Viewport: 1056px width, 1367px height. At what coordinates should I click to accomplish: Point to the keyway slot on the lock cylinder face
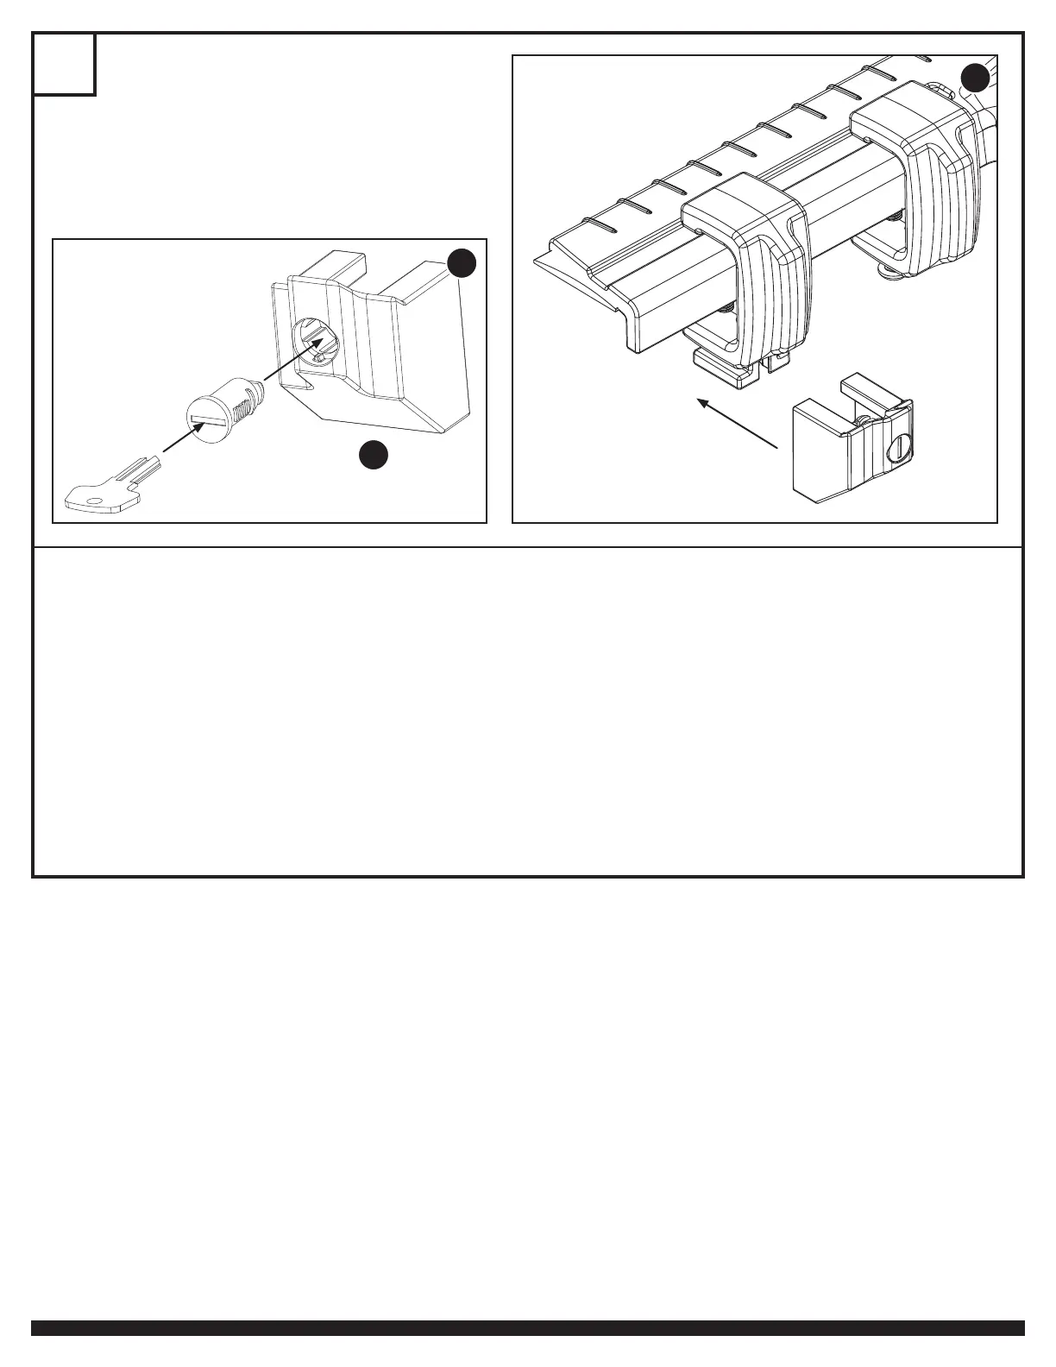pos(210,420)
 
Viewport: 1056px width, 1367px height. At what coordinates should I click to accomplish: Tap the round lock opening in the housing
pos(316,342)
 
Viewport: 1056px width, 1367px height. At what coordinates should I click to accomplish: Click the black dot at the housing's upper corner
pos(462,263)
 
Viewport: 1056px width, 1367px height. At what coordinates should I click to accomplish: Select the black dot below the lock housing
pos(373,455)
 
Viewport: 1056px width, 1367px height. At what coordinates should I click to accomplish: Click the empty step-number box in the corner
pos(65,64)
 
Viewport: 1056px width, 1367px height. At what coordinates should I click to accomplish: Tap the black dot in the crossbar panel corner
pos(975,78)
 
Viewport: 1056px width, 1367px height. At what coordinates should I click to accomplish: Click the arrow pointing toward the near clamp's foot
pos(738,423)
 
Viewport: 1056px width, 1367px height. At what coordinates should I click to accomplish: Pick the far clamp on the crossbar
pos(919,173)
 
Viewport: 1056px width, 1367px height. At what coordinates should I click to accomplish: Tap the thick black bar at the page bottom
pos(528,1327)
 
